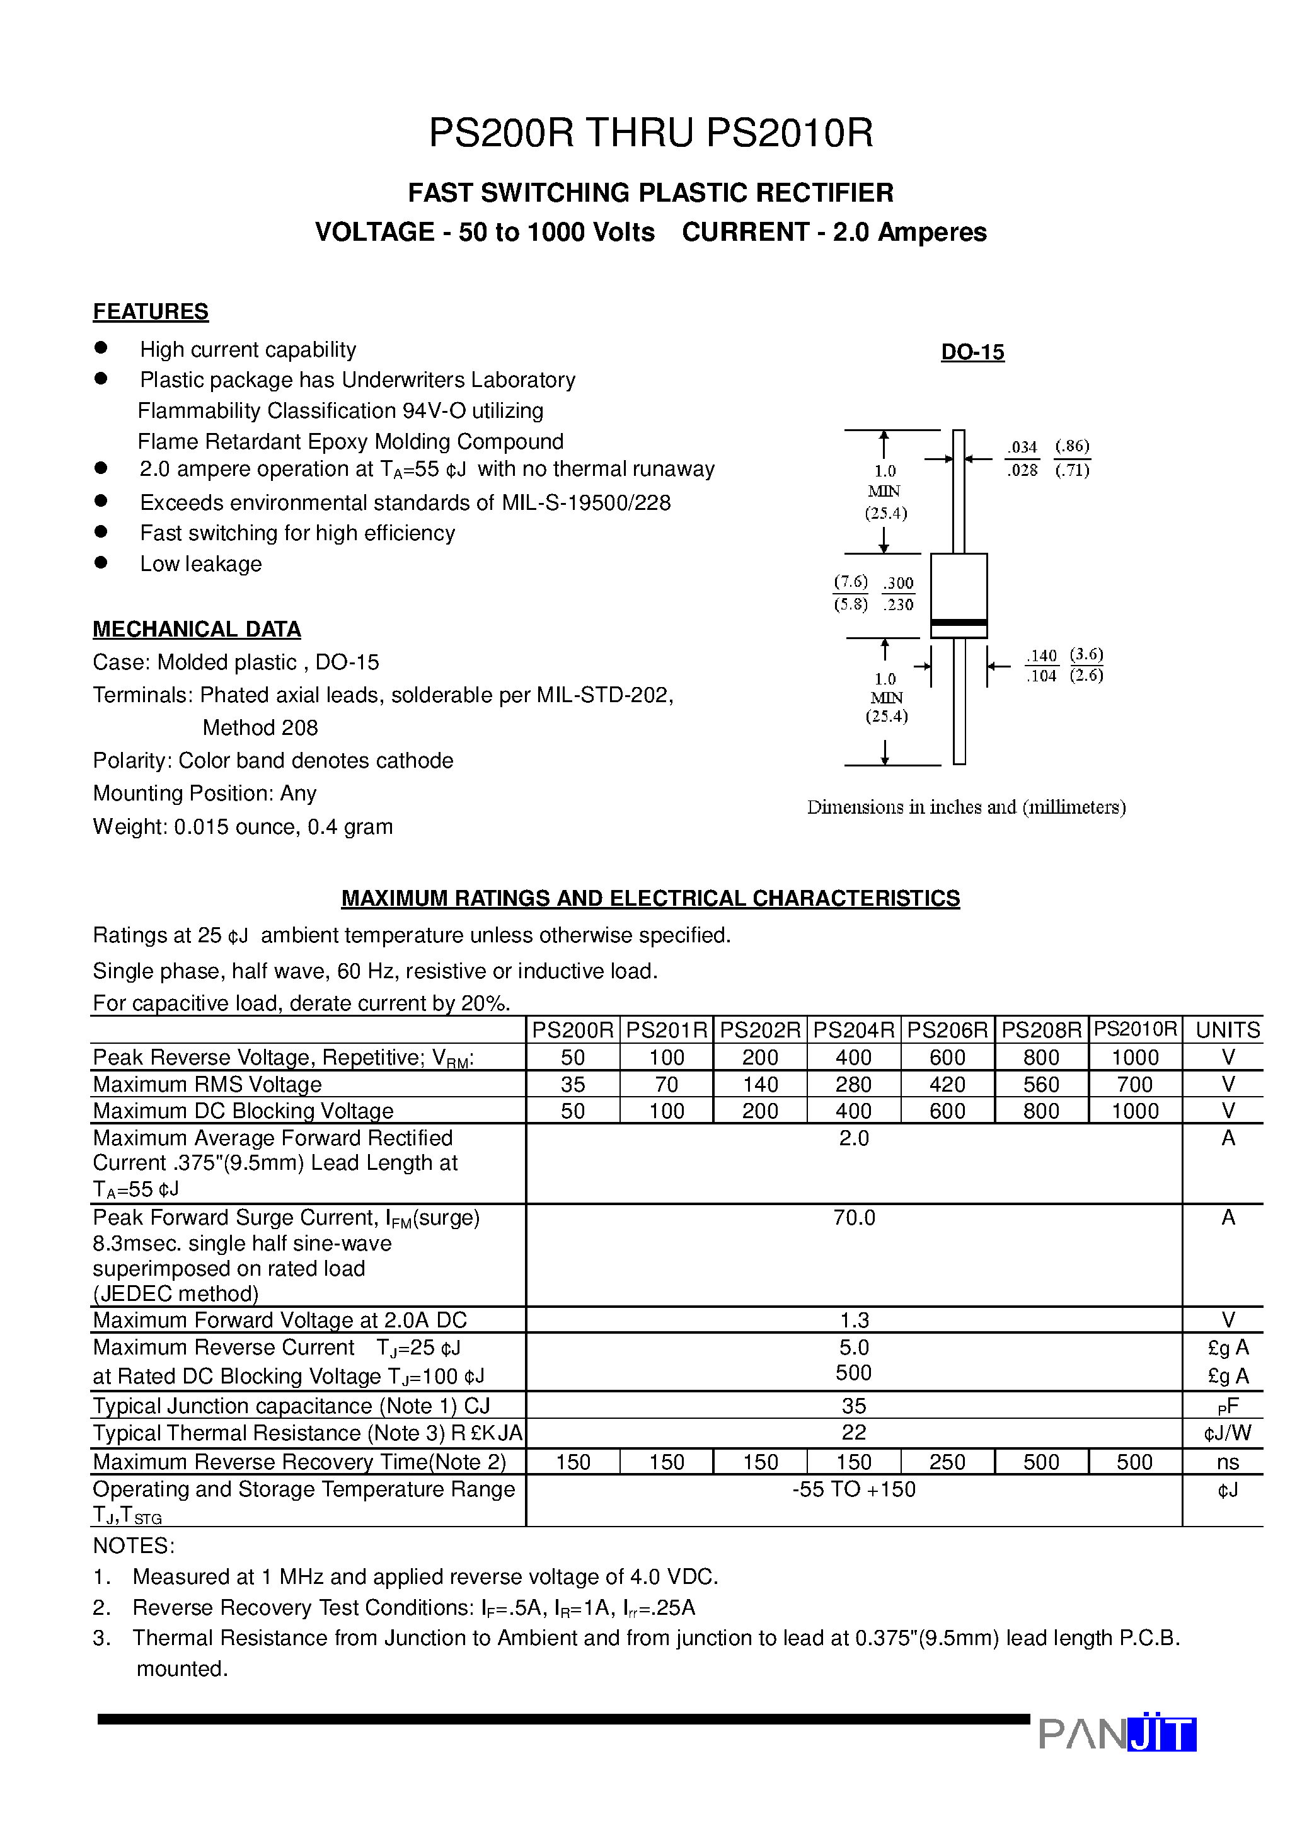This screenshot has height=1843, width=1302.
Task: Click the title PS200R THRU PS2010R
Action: (x=650, y=133)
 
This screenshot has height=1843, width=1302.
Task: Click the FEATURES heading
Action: (x=150, y=311)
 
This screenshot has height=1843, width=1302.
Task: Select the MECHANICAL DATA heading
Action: (x=197, y=629)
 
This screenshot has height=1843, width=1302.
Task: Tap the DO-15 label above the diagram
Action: (x=972, y=352)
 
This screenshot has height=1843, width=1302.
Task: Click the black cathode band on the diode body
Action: (x=959, y=623)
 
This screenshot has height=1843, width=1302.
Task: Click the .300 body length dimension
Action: (x=898, y=584)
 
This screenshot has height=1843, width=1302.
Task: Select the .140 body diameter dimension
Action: (x=1041, y=656)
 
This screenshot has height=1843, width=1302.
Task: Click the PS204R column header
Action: (x=853, y=1030)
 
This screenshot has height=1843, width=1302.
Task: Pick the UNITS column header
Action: (x=1228, y=1030)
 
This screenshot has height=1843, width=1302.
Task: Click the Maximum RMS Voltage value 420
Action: (x=947, y=1085)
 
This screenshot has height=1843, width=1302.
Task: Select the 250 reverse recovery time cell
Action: (x=947, y=1462)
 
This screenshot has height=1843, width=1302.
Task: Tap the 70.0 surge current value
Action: (x=853, y=1218)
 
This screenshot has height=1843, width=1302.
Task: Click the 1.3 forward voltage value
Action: (x=853, y=1320)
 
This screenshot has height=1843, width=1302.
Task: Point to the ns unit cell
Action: (x=1228, y=1462)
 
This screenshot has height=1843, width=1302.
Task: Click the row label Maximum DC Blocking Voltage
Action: (x=243, y=1111)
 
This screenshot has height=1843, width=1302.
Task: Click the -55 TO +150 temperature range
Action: (x=853, y=1489)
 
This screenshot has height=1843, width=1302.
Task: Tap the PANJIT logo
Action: (x=1117, y=1734)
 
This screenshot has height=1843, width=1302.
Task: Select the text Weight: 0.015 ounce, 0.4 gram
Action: (x=243, y=827)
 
